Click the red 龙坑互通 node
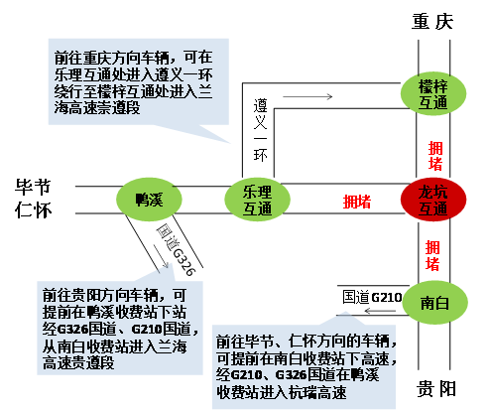(x=433, y=200)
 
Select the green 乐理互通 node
(x=257, y=200)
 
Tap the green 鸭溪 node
(x=149, y=200)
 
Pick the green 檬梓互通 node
(x=433, y=93)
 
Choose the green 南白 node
(x=434, y=303)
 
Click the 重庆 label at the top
(x=432, y=22)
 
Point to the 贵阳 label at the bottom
(x=435, y=388)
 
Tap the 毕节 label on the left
(x=33, y=187)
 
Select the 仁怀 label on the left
(x=34, y=209)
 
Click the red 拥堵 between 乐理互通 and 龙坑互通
(x=357, y=202)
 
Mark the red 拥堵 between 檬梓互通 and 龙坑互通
(x=435, y=156)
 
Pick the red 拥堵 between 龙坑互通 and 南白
(x=432, y=256)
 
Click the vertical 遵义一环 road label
(x=260, y=130)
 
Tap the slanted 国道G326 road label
(x=176, y=249)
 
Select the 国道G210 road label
(x=372, y=297)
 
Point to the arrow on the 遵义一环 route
(x=307, y=96)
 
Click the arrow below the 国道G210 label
(x=380, y=311)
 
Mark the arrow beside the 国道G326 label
(x=162, y=256)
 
